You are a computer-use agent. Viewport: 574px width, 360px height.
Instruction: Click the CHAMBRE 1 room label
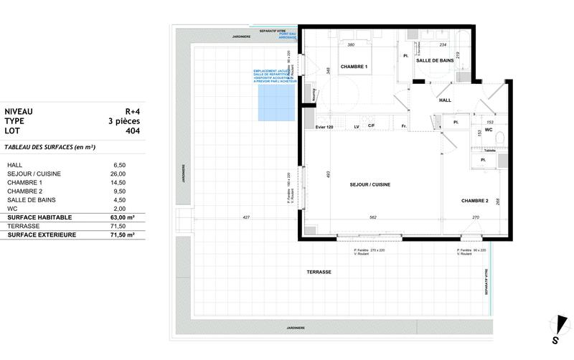[354, 67]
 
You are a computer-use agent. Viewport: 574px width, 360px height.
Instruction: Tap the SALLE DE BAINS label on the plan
[438, 61]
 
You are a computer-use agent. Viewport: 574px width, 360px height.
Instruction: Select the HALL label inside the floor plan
[444, 100]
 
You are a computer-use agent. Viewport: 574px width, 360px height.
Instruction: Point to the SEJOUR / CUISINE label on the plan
[370, 185]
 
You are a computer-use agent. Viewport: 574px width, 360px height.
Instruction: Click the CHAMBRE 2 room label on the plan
[474, 201]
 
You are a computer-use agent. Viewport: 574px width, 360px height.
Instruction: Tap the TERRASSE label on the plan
[319, 273]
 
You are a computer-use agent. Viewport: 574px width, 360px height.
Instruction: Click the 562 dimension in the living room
[372, 217]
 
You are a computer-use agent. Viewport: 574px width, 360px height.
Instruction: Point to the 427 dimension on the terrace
[246, 217]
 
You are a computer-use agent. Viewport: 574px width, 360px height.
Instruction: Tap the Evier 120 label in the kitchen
[324, 127]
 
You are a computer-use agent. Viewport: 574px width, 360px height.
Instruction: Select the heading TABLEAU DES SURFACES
[50, 147]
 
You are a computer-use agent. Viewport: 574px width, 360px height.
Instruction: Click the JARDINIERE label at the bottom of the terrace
[291, 328]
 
